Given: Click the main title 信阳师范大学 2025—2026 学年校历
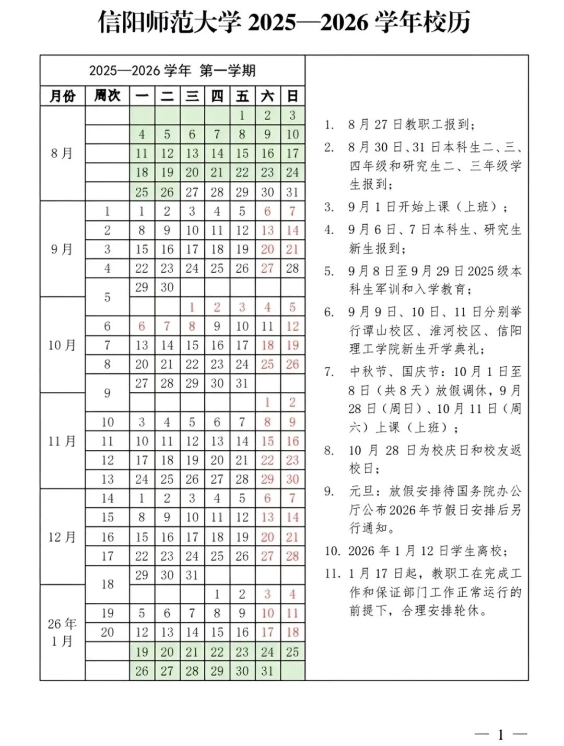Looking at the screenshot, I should tap(285, 22).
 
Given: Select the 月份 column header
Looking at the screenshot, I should tap(63, 96).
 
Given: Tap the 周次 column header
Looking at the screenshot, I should tap(108, 96).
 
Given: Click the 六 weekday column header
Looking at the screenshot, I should tap(267, 96).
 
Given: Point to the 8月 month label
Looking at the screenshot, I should tap(62, 154).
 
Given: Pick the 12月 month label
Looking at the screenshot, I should tap(62, 537).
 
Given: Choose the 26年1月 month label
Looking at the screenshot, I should tap(62, 632).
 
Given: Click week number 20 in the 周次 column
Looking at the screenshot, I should tap(108, 633).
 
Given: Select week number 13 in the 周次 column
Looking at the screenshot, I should tap(108, 480).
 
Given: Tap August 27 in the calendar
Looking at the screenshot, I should tap(192, 192).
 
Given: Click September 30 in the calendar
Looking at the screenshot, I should tap(167, 287).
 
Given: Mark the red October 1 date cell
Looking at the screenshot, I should tap(192, 307).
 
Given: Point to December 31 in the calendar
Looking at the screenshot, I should tap(192, 575).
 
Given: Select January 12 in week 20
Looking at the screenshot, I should tap(142, 633).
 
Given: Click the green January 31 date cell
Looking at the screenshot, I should tap(267, 671).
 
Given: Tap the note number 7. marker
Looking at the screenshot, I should tap(329, 372).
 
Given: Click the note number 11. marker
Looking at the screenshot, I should tap(333, 574).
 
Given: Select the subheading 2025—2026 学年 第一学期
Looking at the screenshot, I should tap(172, 71).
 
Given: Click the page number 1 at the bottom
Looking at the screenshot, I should tap(501, 735).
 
